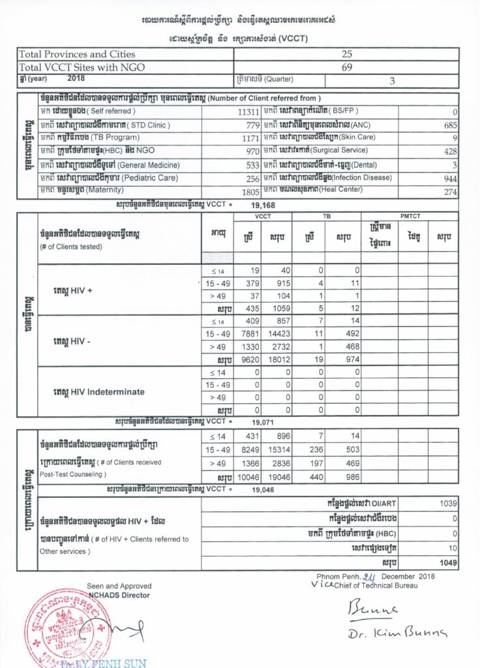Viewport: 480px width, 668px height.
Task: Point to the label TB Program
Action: point(115,138)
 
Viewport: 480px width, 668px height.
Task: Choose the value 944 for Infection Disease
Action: point(448,178)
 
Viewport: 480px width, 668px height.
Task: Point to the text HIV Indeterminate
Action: point(99,392)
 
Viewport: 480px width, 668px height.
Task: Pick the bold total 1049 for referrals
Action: point(447,562)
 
